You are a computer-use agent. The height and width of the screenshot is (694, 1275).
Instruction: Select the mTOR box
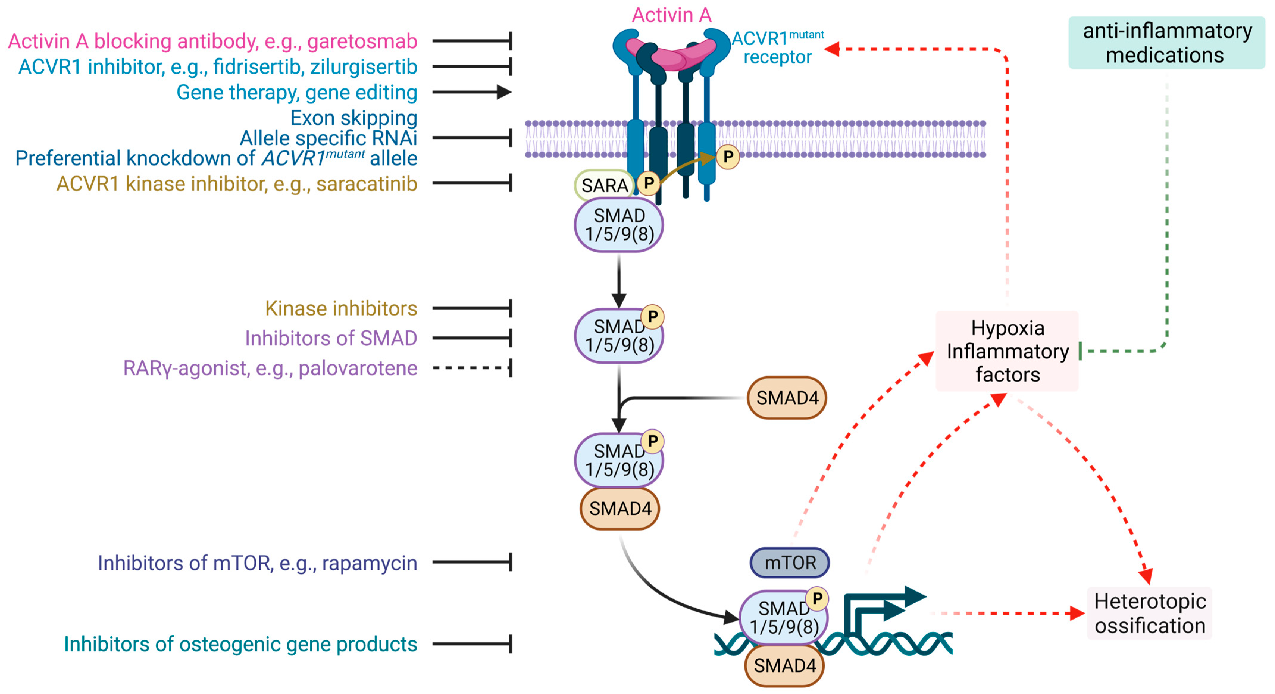point(789,563)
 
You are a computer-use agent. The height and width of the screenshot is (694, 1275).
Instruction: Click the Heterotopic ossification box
point(1149,613)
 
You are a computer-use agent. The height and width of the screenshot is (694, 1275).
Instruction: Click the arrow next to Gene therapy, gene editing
point(471,92)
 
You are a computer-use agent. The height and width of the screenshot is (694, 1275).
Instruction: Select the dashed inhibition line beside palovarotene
point(471,368)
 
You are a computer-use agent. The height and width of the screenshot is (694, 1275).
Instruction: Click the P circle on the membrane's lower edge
point(728,157)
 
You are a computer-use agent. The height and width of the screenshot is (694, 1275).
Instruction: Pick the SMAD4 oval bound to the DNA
point(785,666)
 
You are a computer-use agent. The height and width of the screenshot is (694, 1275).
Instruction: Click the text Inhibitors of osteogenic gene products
point(240,644)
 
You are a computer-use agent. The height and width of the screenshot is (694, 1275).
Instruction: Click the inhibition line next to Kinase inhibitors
point(471,308)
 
